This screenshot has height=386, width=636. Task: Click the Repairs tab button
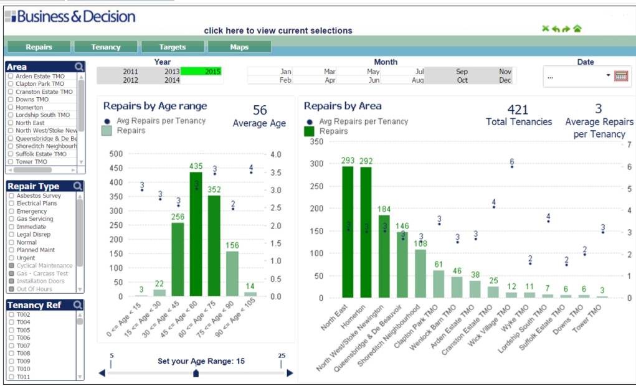39,47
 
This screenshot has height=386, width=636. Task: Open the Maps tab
239,47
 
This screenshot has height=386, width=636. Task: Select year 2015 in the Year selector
201,72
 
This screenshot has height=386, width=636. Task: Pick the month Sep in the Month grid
462,72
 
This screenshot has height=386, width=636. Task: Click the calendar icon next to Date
620,76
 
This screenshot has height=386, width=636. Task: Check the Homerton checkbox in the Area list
11,107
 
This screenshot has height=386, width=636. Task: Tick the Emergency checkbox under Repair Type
11,212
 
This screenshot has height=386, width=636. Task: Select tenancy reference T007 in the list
11,346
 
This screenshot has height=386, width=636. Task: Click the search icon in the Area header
78,67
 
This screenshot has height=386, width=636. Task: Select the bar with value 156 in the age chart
232,273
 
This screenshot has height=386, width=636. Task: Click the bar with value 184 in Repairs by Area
384,256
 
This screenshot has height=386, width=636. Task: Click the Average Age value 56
260,111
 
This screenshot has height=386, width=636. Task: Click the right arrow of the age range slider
290,373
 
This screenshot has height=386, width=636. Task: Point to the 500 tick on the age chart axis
115,154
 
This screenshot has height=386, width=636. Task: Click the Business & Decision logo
70,17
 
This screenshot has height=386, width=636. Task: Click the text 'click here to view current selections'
278,31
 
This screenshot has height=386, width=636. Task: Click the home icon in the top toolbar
577,29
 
